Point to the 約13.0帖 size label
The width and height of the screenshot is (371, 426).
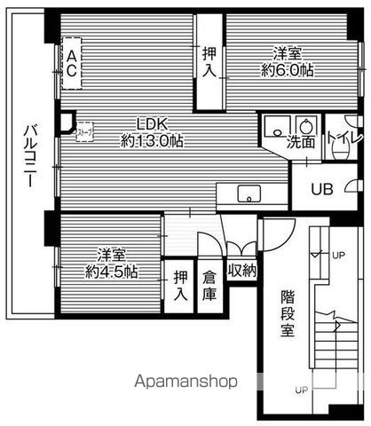coord(153,140)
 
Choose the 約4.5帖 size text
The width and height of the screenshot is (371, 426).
coord(108,271)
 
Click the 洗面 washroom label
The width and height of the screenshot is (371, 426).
coord(300,142)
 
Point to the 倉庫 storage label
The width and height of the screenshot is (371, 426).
coord(210,284)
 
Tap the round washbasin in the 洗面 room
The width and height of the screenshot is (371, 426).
coord(307,125)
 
